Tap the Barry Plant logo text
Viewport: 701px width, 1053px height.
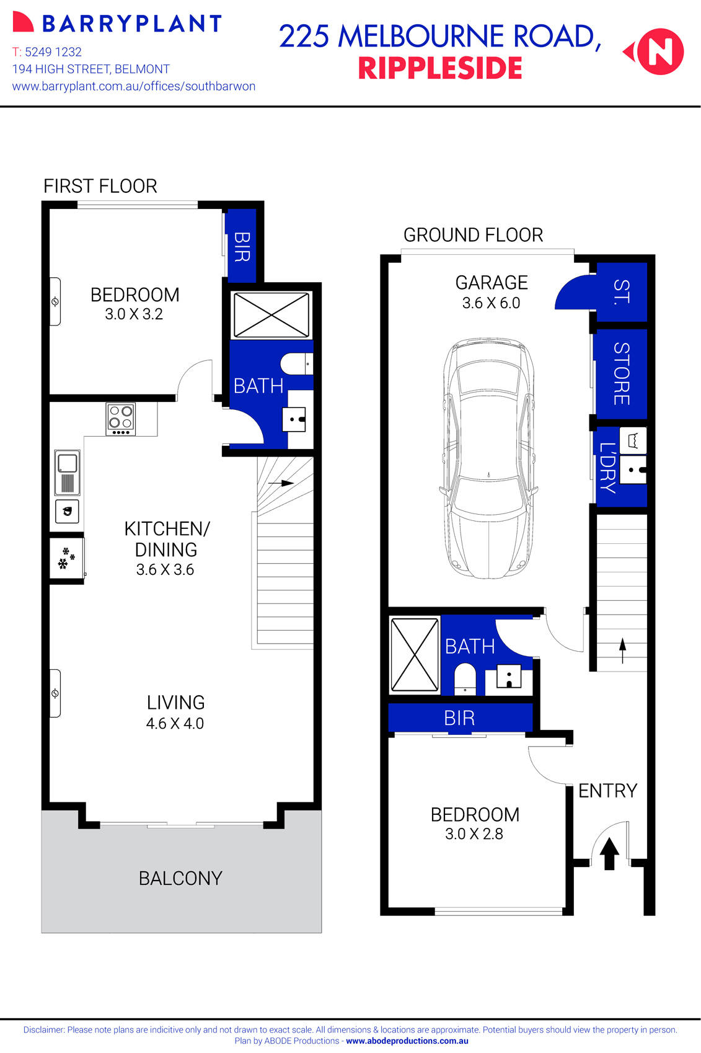click(131, 24)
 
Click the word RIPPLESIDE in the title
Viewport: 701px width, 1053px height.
click(440, 68)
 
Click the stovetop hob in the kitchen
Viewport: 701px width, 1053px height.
click(121, 419)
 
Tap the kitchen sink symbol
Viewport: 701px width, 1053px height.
click(67, 472)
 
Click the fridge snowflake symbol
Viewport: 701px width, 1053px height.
click(66, 558)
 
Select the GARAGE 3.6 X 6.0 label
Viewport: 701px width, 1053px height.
click(491, 292)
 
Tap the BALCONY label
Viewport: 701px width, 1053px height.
click(180, 878)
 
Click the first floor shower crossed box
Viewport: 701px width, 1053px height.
click(271, 315)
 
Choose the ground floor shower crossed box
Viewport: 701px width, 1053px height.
click(414, 654)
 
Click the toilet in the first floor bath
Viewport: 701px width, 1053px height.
click(296, 363)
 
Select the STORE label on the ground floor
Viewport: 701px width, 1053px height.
click(621, 373)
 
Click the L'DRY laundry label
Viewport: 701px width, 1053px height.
click(607, 468)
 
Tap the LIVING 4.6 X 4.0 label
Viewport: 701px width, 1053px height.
click(175, 712)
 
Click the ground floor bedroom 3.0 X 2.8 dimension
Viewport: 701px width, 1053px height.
click(474, 834)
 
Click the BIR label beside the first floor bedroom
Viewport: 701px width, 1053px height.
click(242, 246)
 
